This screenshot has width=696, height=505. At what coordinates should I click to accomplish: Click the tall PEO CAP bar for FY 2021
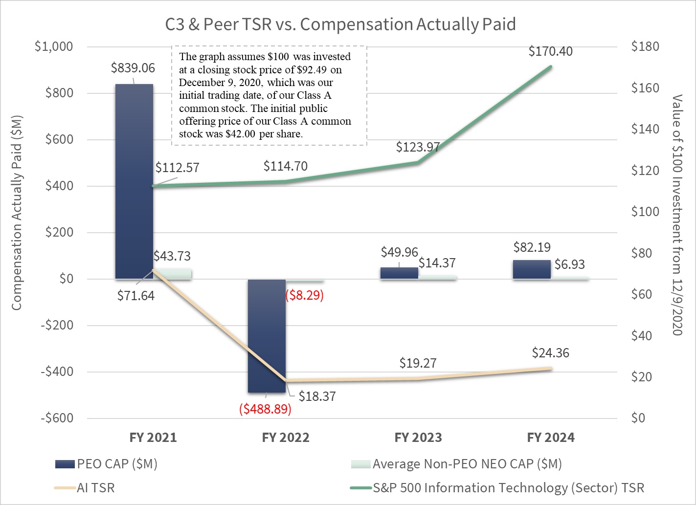[x=134, y=181]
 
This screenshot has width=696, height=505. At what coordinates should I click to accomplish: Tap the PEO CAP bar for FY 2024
[x=532, y=269]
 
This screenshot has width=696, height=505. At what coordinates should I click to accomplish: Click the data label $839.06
[x=133, y=68]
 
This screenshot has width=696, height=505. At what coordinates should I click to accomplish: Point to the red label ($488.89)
[x=265, y=409]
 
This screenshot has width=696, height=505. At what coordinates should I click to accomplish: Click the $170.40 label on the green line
[x=550, y=51]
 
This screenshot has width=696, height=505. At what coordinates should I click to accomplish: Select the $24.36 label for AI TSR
[x=550, y=353]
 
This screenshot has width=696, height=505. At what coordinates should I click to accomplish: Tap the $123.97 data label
[x=418, y=147]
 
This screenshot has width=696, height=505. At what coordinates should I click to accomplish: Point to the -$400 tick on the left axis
[x=57, y=372]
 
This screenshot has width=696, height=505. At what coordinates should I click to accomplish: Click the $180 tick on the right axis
[x=645, y=46]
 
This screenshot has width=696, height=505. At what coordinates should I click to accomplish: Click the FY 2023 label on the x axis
[x=418, y=438]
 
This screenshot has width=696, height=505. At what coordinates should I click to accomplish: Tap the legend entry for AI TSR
[x=95, y=488]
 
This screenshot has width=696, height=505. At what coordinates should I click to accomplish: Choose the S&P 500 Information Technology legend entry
[x=508, y=488]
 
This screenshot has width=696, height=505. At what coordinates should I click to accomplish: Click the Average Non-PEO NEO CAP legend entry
[x=467, y=464]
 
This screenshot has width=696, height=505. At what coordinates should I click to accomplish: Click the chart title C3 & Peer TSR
[x=340, y=24]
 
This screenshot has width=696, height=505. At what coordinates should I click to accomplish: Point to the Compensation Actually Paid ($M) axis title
[x=17, y=213]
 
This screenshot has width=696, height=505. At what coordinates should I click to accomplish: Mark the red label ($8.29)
[x=304, y=295]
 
